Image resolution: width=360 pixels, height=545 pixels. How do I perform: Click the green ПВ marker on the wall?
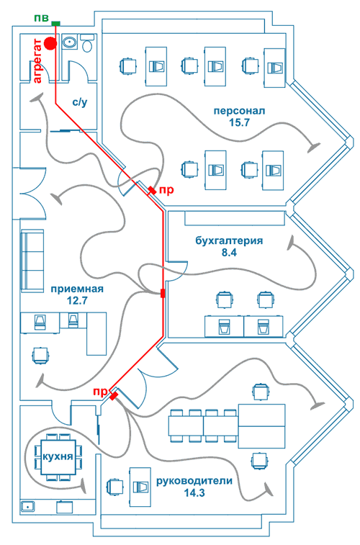pyautogui.click(x=55, y=24)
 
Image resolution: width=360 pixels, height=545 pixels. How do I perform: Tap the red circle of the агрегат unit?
pyautogui.click(x=50, y=43)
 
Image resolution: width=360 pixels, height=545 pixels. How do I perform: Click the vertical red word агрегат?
pyautogui.click(x=37, y=61)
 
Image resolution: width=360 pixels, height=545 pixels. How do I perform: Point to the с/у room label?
pyautogui.click(x=80, y=102)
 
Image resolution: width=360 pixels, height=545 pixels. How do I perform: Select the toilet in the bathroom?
pyautogui.click(x=87, y=42)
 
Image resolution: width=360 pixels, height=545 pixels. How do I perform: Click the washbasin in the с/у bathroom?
pyautogui.click(x=70, y=42)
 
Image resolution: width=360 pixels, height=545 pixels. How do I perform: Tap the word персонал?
pyautogui.click(x=239, y=111)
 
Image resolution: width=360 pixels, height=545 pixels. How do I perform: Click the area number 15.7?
pyautogui.click(x=239, y=122)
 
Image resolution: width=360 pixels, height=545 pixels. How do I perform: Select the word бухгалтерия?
pyautogui.click(x=229, y=241)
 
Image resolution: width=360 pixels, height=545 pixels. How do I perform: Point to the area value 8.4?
pyautogui.click(x=229, y=252)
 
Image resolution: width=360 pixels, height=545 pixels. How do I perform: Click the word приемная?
pyautogui.click(x=77, y=289)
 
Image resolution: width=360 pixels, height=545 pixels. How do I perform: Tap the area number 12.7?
pyautogui.click(x=77, y=300)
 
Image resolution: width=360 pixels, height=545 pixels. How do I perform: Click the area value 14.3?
pyautogui.click(x=194, y=492)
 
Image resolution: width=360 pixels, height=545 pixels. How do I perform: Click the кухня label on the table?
pyautogui.click(x=58, y=456)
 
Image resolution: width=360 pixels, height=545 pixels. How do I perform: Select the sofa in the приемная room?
pyautogui.click(x=32, y=261)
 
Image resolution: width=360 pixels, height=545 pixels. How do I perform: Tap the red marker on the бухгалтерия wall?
pyautogui.click(x=162, y=293)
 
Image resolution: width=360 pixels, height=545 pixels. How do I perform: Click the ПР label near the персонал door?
pyautogui.click(x=166, y=191)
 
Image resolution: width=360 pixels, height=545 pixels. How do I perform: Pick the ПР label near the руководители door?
pyautogui.click(x=100, y=392)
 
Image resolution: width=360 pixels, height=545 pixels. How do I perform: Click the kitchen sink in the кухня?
pyautogui.click(x=27, y=507)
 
